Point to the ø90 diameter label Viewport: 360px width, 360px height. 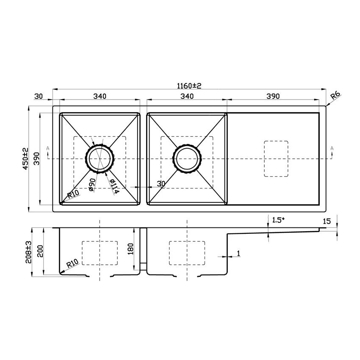91,185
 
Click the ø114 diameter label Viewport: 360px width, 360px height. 113,186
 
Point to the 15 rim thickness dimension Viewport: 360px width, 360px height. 327,221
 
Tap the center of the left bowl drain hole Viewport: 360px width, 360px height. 100,159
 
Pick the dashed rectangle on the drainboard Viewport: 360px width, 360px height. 276,158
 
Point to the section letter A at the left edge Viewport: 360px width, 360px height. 47,148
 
